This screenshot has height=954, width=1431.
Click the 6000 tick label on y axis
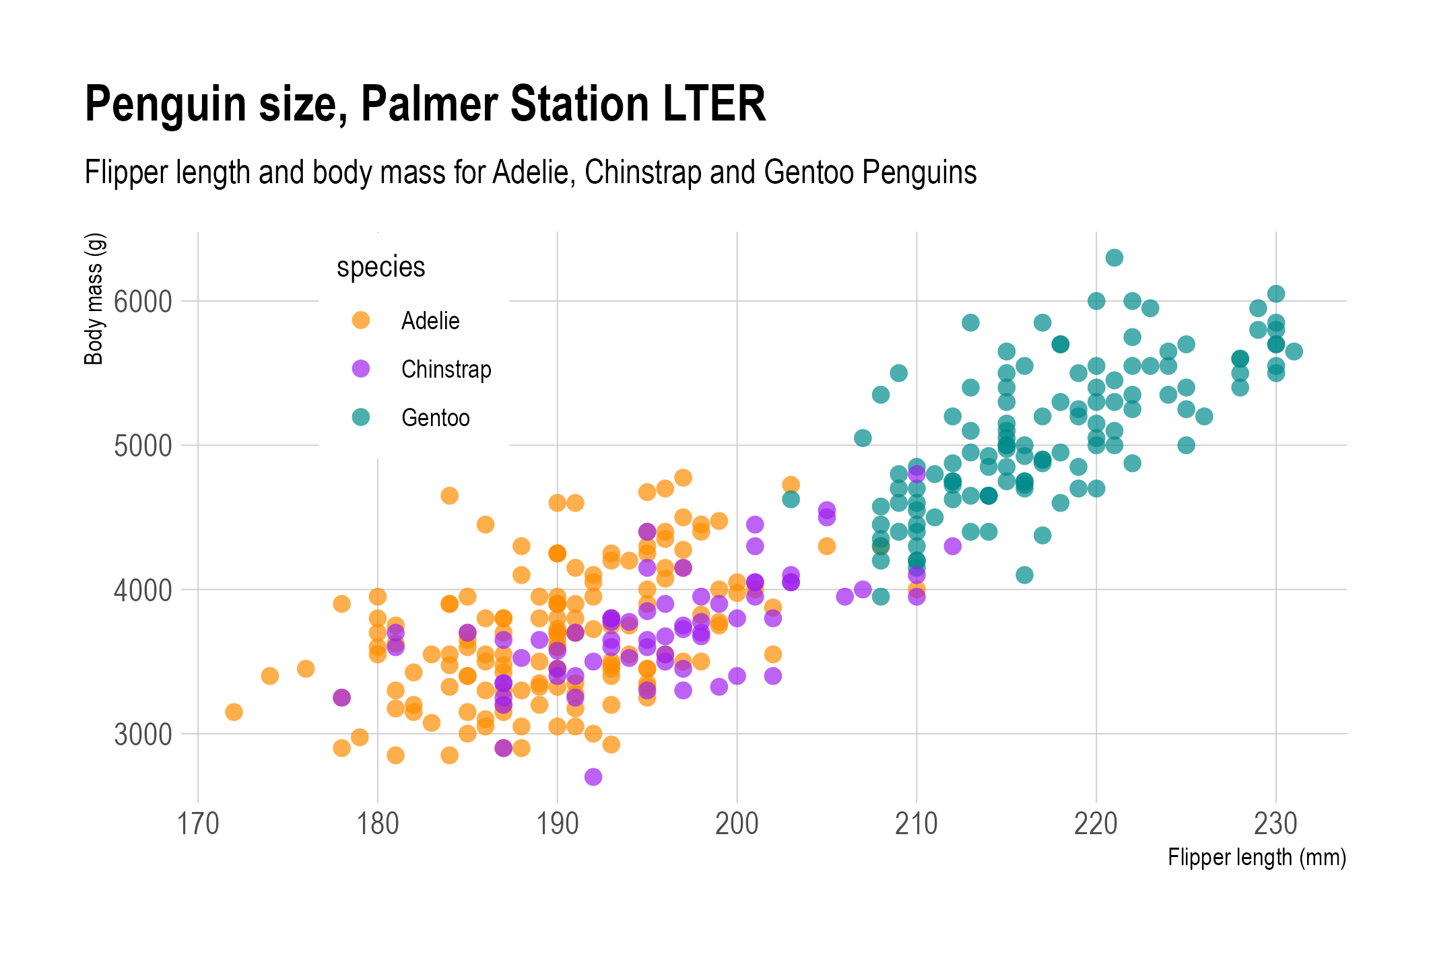click(143, 302)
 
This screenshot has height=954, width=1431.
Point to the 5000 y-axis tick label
click(143, 446)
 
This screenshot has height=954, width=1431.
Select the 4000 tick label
click(143, 590)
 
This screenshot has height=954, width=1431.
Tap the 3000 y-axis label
click(143, 735)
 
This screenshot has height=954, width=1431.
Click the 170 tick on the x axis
click(198, 823)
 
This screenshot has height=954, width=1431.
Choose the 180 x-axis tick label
click(378, 823)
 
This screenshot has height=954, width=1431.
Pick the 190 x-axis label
click(558, 823)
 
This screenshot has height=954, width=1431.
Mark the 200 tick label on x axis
click(737, 823)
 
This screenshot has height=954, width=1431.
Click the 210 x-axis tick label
click(917, 823)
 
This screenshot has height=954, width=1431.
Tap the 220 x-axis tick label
click(1096, 823)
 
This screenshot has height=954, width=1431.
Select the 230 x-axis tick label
click(1275, 823)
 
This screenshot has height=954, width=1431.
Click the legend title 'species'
click(380, 267)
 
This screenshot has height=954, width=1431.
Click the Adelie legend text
click(430, 320)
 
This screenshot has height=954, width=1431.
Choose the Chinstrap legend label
click(446, 369)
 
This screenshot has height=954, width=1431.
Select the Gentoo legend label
click(435, 417)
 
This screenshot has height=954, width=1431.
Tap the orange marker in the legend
click(361, 320)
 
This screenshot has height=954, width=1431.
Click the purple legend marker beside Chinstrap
click(361, 368)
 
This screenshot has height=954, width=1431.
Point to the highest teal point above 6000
click(1114, 258)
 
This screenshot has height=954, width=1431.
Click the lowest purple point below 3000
click(593, 777)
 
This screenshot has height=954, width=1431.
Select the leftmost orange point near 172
click(234, 712)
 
